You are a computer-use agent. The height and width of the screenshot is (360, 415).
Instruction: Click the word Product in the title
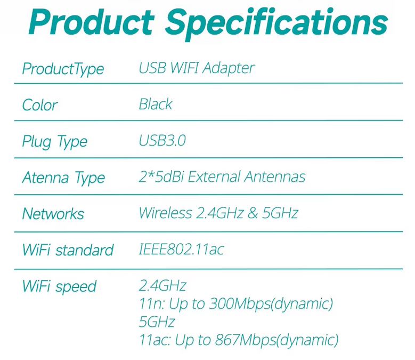tap(92, 22)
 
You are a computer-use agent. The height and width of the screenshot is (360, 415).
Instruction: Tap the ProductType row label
tap(63, 69)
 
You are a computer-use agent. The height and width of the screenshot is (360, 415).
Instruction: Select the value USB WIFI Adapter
tap(197, 68)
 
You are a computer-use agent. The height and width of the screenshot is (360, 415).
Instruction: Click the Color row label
tap(40, 105)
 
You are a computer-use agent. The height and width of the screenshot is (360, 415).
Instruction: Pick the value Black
tap(156, 104)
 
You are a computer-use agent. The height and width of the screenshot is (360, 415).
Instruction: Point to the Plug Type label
tap(54, 142)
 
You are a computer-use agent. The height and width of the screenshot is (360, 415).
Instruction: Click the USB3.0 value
tap(162, 140)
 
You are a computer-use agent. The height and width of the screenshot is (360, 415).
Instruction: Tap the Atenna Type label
tap(63, 178)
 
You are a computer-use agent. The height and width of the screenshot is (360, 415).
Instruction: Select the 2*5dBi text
tap(161, 177)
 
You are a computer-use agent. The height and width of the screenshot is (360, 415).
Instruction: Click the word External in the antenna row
tap(214, 177)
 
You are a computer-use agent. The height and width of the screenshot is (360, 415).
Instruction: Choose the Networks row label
tap(53, 213)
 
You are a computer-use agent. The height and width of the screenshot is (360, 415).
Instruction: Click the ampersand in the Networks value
tap(253, 213)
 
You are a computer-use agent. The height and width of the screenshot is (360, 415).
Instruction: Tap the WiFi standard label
tap(68, 250)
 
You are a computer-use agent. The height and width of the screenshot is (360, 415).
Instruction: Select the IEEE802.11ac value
tap(181, 249)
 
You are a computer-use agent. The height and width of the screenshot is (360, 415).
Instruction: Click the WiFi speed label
tap(59, 287)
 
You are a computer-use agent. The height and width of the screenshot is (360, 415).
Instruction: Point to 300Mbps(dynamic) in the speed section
tap(271, 304)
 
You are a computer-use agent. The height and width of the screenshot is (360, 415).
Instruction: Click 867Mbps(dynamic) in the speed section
tap(277, 340)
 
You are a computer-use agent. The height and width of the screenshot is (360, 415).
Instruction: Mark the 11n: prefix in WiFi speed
tap(151, 303)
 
